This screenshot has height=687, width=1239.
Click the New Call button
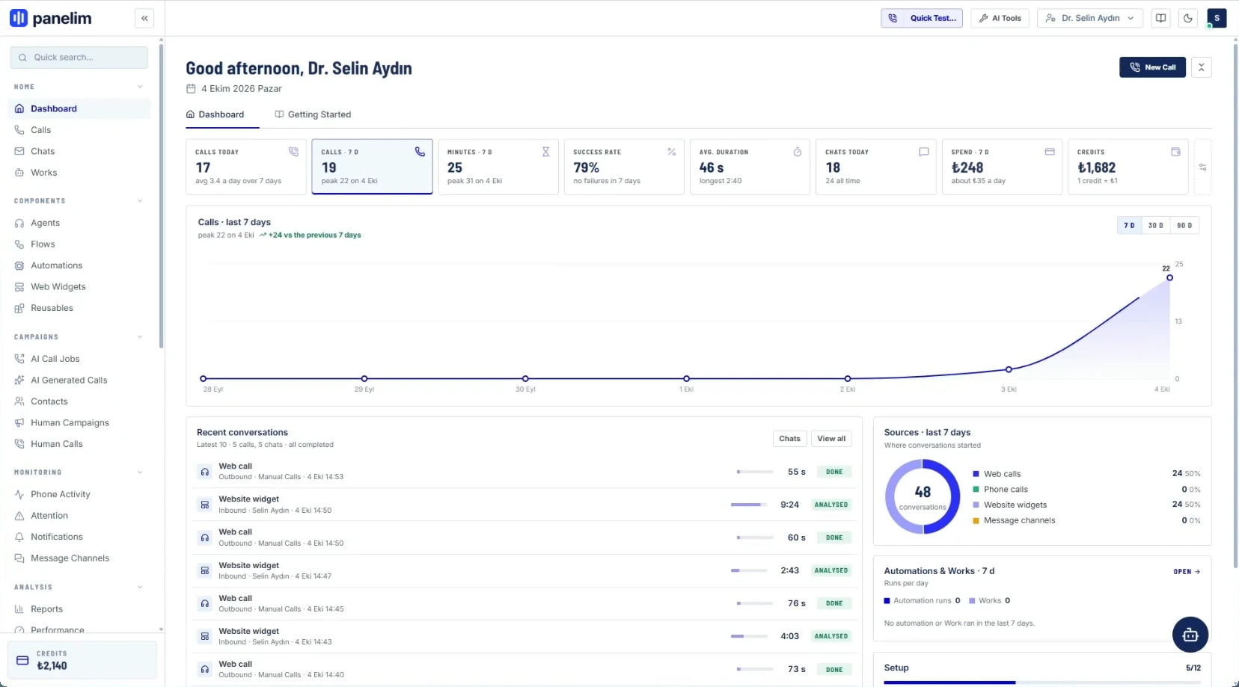[1152, 67]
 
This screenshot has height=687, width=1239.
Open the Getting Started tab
[313, 114]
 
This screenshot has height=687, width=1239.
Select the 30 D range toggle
[1155, 226]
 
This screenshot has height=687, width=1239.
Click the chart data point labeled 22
[1169, 277]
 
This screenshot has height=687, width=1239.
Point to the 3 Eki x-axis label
[1009, 389]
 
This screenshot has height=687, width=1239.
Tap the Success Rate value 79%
[587, 167]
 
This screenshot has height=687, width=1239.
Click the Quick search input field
[79, 58]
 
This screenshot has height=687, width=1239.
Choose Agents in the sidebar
[45, 223]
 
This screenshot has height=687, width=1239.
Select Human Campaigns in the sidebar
[70, 423]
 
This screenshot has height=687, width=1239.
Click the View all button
[830, 438]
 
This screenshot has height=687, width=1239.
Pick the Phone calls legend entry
[1005, 489]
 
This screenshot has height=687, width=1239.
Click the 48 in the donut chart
[923, 491]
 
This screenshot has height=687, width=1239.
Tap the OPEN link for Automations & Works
[1187, 571]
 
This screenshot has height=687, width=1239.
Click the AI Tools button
[1000, 18]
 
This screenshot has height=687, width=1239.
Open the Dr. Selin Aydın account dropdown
[1089, 18]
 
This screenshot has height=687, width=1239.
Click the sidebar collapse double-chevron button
[144, 18]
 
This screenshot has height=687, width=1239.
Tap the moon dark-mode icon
[1187, 18]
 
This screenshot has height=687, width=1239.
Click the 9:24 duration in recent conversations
[789, 505]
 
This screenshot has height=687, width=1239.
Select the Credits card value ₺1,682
[1096, 167]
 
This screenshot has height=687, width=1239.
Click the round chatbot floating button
[1190, 635]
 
